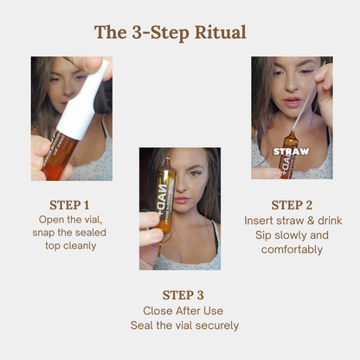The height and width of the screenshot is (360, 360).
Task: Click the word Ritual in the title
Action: point(221,32)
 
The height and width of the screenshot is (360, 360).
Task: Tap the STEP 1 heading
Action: point(69,205)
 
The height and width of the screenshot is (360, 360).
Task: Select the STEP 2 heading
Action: point(292,205)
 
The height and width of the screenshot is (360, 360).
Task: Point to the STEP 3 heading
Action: point(183,295)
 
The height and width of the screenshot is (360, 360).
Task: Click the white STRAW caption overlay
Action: point(292,151)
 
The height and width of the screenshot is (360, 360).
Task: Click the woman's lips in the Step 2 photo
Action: point(292,102)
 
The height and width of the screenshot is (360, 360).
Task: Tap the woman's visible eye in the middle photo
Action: point(195,174)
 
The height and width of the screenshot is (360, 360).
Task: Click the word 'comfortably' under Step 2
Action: point(292,250)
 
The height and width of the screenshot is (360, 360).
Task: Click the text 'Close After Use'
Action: point(183,311)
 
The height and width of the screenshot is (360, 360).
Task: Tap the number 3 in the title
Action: point(137,32)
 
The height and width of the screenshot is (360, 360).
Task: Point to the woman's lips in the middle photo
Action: point(182,200)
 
